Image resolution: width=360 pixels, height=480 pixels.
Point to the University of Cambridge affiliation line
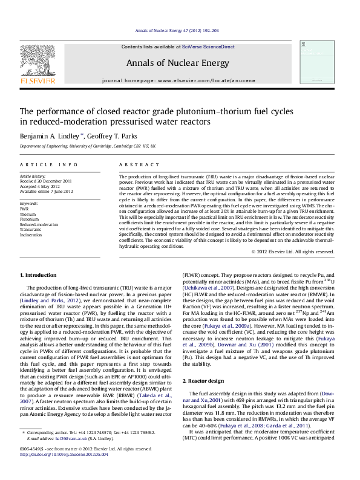pos(87,146)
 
